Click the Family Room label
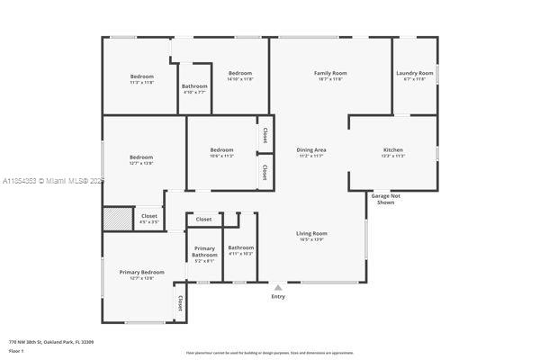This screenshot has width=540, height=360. [x=330, y=73]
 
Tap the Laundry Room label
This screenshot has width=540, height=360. [x=414, y=73]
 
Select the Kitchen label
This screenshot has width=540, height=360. [x=392, y=149]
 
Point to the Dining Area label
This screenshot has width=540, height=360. [x=310, y=149]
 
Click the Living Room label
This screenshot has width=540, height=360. [x=311, y=234]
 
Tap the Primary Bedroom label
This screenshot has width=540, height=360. [x=142, y=272]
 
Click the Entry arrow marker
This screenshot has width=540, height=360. [x=278, y=288]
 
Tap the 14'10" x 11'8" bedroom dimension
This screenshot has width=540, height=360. [x=239, y=79]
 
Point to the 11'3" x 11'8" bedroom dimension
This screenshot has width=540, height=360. [x=142, y=83]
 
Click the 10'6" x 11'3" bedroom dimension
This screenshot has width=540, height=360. [x=221, y=156]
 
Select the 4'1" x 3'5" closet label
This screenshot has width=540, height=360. [x=149, y=220]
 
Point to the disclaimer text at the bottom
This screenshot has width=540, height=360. [x=270, y=353]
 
